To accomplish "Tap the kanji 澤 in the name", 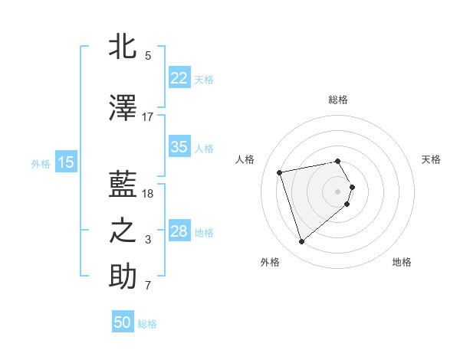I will pos(123,109).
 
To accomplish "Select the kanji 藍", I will pos(123,186).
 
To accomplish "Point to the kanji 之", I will pos(123,232).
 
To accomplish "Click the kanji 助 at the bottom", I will pos(123,277).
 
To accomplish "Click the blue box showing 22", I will pos(179,79).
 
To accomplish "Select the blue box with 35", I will pos(179,147).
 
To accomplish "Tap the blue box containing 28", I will pos(179,231).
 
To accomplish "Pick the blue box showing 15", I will pos(65,162).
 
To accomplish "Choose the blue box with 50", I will pos(123,322).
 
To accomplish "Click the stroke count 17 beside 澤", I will pos(148,117).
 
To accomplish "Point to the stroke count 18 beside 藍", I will pos(148,194).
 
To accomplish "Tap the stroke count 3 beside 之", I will pos(148,241).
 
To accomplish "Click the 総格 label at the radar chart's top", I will pos(338,100).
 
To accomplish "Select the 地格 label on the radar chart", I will pos(402,263).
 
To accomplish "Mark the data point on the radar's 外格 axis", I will pos(301,242).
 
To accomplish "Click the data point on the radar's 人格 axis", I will pos(280,172).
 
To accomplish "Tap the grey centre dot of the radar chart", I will pos(338,191).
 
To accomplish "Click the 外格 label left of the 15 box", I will pos(41,163).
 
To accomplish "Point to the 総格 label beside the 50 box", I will pos(147,324).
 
